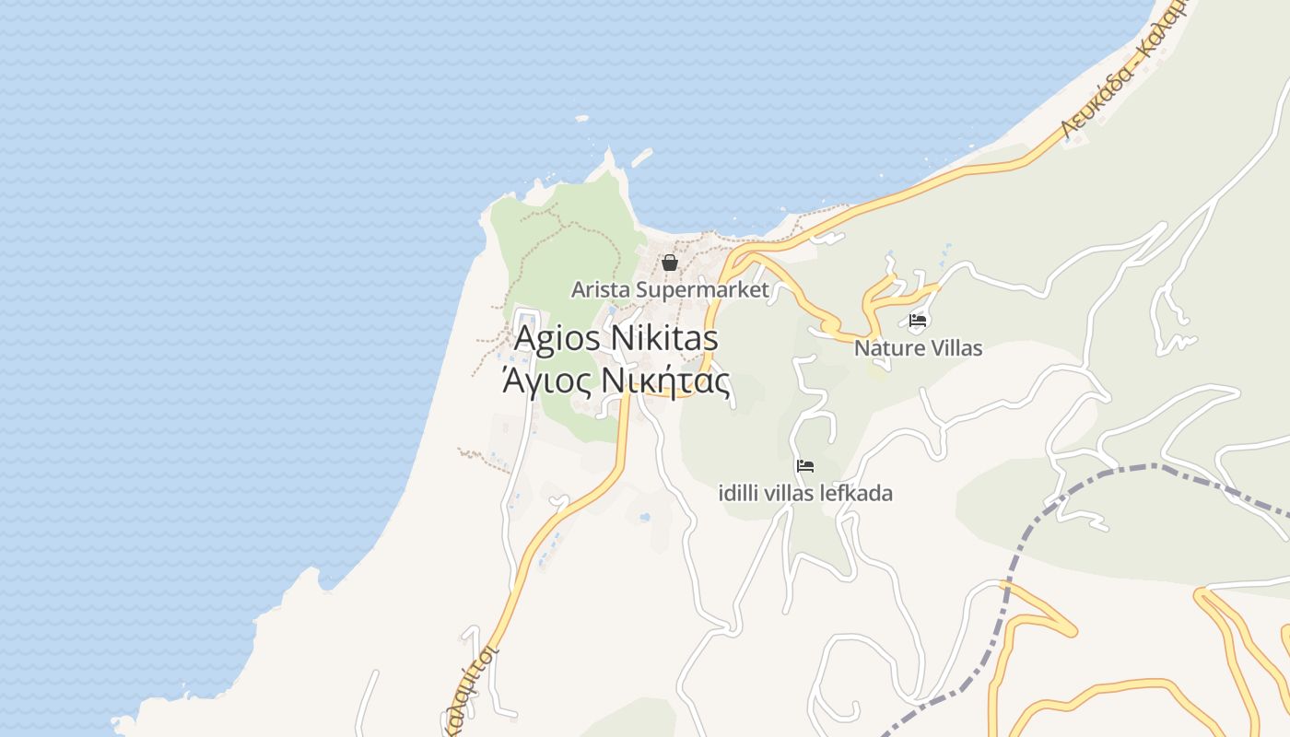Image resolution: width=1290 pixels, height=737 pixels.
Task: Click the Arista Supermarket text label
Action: pos(670,289)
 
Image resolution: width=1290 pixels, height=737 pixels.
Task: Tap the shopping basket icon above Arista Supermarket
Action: pos(670,263)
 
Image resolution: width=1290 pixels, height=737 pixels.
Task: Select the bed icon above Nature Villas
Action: pos(918,322)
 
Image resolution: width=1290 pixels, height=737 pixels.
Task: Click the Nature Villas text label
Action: pos(918,348)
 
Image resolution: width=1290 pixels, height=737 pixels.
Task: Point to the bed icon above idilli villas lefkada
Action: pos(805,466)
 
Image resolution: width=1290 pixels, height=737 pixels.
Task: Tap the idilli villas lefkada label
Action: pos(805,493)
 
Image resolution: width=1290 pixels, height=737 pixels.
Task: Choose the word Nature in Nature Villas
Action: pos(888,348)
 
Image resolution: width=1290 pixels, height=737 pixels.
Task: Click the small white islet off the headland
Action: pos(581,119)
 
